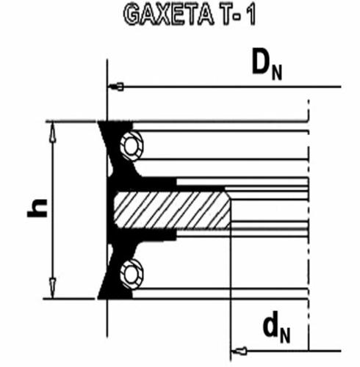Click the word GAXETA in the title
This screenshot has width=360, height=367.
click(169, 15)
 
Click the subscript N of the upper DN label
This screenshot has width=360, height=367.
click(277, 73)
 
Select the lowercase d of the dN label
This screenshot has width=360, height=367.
click(272, 324)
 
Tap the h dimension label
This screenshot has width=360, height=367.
click(37, 208)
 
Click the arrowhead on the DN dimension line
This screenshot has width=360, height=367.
click(115, 87)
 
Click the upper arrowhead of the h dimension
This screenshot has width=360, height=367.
click(53, 132)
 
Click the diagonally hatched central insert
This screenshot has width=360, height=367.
click(172, 210)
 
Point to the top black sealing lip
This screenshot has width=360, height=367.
click(115, 137)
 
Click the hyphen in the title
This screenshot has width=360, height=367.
click(240, 18)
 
